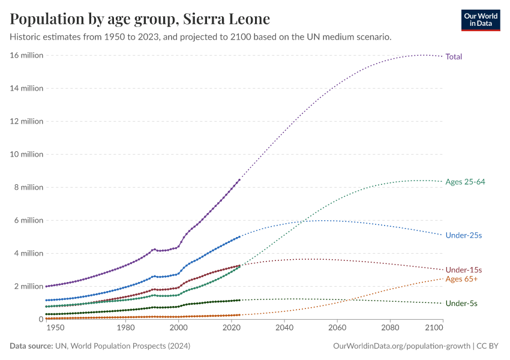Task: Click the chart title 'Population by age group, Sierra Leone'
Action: point(140,19)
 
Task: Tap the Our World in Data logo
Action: point(481,20)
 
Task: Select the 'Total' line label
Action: point(454,56)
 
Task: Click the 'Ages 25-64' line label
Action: point(465,182)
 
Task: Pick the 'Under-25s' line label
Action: point(463,235)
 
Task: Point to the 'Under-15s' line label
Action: point(463,270)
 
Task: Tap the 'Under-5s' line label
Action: point(461,304)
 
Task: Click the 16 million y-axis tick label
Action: point(26,55)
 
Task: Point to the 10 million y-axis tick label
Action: point(26,154)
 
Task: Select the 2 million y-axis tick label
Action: point(28,286)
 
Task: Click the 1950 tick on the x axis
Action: point(55,328)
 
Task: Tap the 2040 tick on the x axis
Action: point(284,328)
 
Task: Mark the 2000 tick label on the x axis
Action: point(179,328)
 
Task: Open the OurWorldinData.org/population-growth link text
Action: point(401,346)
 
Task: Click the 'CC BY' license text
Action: point(488,346)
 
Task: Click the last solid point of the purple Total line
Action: point(239,179)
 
